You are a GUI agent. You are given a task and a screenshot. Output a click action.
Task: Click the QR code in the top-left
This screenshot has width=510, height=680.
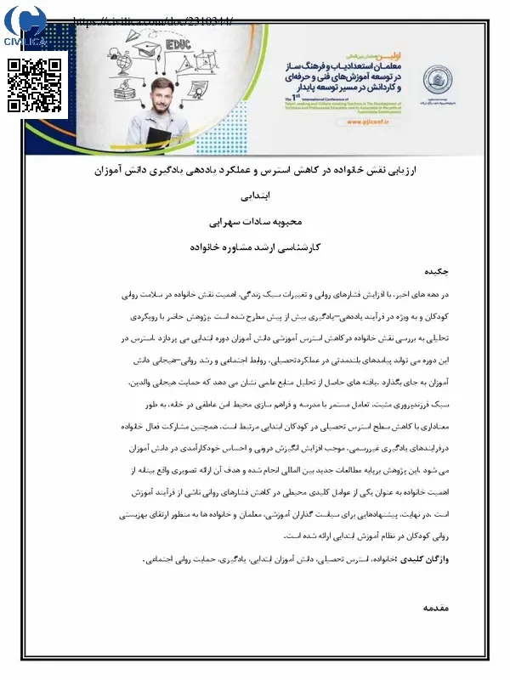(35, 85)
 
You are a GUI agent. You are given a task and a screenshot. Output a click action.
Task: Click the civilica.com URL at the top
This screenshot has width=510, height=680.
(153, 21)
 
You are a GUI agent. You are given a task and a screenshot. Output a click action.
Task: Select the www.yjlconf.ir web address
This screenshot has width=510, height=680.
(368, 122)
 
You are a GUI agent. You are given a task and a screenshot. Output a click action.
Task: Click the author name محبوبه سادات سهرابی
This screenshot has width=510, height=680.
(255, 223)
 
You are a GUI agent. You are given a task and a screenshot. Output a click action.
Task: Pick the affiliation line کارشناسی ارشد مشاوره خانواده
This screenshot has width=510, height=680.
(255, 247)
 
